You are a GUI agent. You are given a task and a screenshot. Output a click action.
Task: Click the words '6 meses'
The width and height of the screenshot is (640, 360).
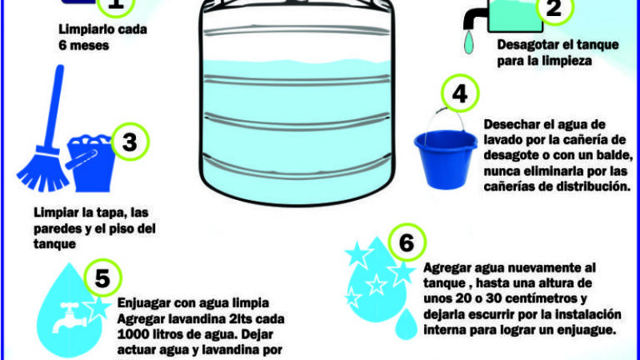[82, 46]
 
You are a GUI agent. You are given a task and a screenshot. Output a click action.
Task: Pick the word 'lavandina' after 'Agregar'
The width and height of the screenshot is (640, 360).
[188, 319]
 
